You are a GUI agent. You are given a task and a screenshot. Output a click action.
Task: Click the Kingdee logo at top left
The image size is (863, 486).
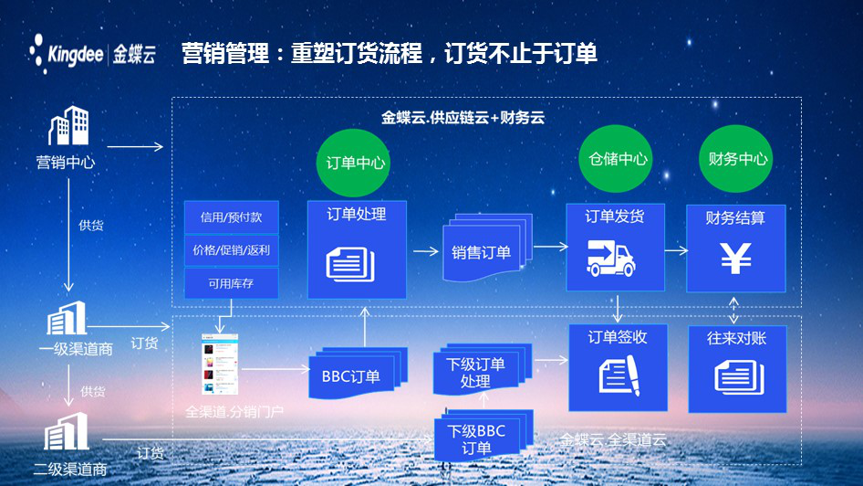91,52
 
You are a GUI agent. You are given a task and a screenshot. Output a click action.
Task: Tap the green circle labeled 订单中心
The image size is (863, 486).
357,163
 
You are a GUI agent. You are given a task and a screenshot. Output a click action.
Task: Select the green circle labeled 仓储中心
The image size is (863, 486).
614,158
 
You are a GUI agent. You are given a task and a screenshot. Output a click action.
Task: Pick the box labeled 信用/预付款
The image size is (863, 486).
231,217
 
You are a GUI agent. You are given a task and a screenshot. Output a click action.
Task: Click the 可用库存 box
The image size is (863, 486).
231,283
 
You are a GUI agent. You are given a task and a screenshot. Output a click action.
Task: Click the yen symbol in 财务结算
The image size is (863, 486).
736,259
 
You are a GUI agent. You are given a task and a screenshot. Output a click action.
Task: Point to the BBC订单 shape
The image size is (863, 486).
351,375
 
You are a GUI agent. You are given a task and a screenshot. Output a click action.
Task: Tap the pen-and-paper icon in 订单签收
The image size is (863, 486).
619,375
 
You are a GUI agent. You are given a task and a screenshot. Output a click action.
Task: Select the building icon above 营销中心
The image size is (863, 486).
68,126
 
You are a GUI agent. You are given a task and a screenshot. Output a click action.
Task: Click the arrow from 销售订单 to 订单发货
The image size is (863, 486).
551,246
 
